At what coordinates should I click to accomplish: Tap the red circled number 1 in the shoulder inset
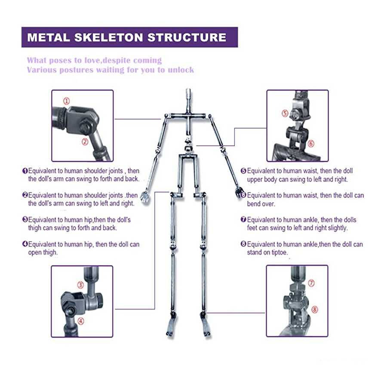[66, 101]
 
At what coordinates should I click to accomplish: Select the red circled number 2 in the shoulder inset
[85, 141]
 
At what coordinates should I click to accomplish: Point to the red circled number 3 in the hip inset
[80, 285]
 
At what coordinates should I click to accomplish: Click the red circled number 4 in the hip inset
[81, 320]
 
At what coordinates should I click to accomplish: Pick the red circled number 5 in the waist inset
[285, 114]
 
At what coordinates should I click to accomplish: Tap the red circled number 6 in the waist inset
[311, 144]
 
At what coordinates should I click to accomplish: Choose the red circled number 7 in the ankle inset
[312, 283]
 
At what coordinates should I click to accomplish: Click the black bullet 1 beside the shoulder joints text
[25, 171]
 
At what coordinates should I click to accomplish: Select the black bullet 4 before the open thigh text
[25, 244]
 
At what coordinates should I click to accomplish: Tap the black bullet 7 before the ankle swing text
[243, 220]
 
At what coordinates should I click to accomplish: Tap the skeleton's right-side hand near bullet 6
[239, 192]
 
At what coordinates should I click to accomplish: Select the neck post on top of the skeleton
[188, 96]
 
